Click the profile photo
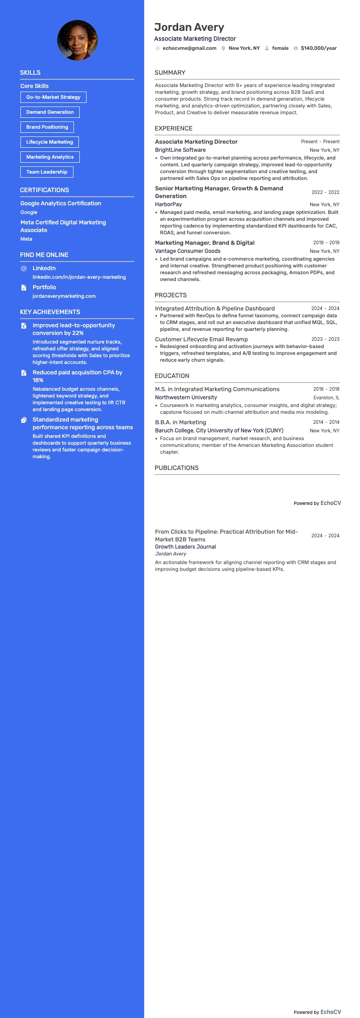[78, 40]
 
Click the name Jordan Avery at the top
[189, 27]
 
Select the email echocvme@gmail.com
[189, 48]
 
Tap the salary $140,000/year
[318, 48]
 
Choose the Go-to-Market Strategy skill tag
[53, 97]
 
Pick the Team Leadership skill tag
[47, 172]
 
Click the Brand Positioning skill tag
[47, 127]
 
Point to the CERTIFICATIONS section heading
[44, 190]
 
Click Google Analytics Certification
[61, 204]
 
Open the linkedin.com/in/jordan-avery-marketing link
[79, 277]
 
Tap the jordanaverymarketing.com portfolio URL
[64, 296]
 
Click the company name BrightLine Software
[180, 150]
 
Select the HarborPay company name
[168, 204]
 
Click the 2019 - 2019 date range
[326, 242]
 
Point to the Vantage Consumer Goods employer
[188, 251]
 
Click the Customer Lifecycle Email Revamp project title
[201, 339]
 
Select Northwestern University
[186, 398]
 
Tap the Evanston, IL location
[326, 398]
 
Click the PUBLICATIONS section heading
[176, 468]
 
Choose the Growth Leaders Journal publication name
[185, 547]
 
